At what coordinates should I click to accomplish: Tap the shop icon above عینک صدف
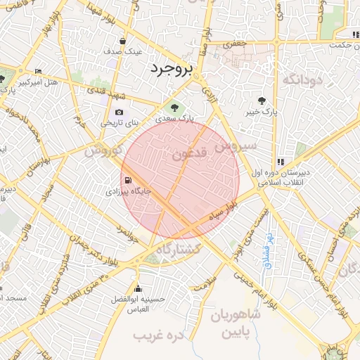click(124, 41)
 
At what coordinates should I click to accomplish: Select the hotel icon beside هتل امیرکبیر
click(38, 71)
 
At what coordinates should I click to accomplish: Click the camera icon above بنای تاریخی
click(119, 112)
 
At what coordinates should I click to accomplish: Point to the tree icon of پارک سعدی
click(174, 108)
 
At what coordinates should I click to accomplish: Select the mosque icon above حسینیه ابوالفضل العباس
click(139, 288)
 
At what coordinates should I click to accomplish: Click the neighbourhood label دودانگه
click(302, 79)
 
